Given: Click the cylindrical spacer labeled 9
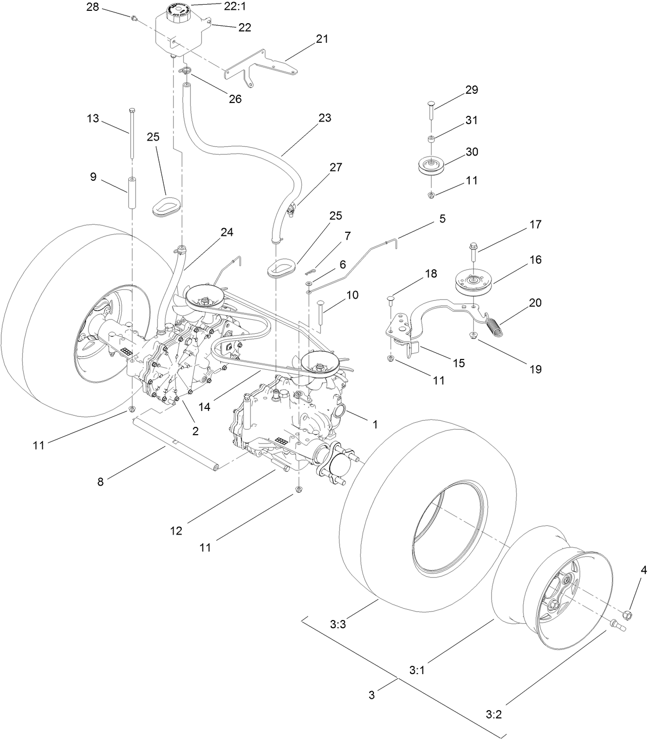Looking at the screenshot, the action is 132,193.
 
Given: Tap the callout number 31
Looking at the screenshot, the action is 471,120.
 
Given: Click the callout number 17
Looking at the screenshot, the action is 536,225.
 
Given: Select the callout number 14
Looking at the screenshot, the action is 204,406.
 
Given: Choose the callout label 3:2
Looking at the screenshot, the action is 493,714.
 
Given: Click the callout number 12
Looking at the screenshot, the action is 176,530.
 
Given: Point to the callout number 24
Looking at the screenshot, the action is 227,232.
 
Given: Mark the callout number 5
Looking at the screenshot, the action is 442,219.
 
